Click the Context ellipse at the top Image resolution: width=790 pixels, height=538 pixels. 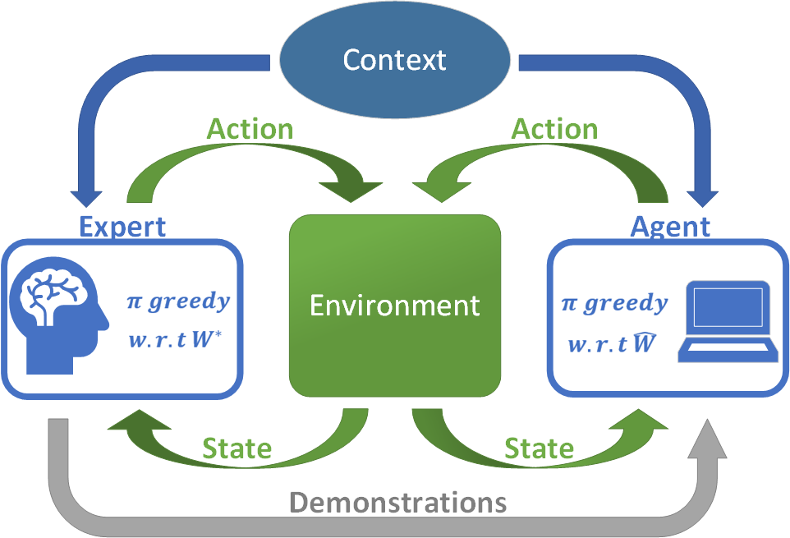pos(395,59)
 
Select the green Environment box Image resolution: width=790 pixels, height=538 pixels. pos(395,306)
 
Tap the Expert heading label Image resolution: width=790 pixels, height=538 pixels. pos(122,226)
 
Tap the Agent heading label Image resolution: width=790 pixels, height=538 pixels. pos(670,226)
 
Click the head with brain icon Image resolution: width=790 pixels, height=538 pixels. pos(57,317)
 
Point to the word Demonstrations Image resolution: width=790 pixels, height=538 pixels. pos(397,502)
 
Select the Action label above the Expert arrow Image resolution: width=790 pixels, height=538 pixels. pos(250,129)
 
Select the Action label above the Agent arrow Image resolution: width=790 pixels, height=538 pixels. pos(555,129)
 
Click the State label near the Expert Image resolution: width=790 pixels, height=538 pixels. pos(237,448)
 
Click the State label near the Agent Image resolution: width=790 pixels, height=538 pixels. pos(539,448)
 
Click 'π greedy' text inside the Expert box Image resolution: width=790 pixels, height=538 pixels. pos(178,301)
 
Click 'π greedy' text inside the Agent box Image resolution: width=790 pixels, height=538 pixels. pos(614,303)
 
